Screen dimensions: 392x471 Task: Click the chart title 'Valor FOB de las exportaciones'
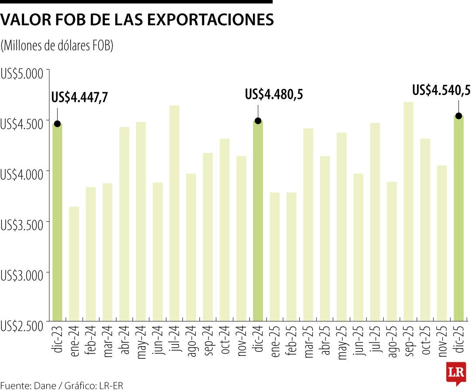pyautogui.click(x=137, y=20)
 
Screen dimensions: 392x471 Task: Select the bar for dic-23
pyautogui.click(x=57, y=222)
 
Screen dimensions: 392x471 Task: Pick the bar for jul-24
pyautogui.click(x=174, y=213)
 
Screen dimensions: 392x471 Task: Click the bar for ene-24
pyautogui.click(x=74, y=264)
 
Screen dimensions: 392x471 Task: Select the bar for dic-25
pyautogui.click(x=458, y=218)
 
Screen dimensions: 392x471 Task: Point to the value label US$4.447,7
pyautogui.click(x=80, y=97)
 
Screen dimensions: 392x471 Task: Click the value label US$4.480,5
pyautogui.click(x=274, y=94)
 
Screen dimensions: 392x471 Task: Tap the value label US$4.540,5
pyautogui.click(x=441, y=90)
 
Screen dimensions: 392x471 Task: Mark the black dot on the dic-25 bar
pyautogui.click(x=458, y=116)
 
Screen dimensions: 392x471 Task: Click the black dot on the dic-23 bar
pyautogui.click(x=57, y=124)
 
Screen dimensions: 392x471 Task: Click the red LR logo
pyautogui.click(x=456, y=373)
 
